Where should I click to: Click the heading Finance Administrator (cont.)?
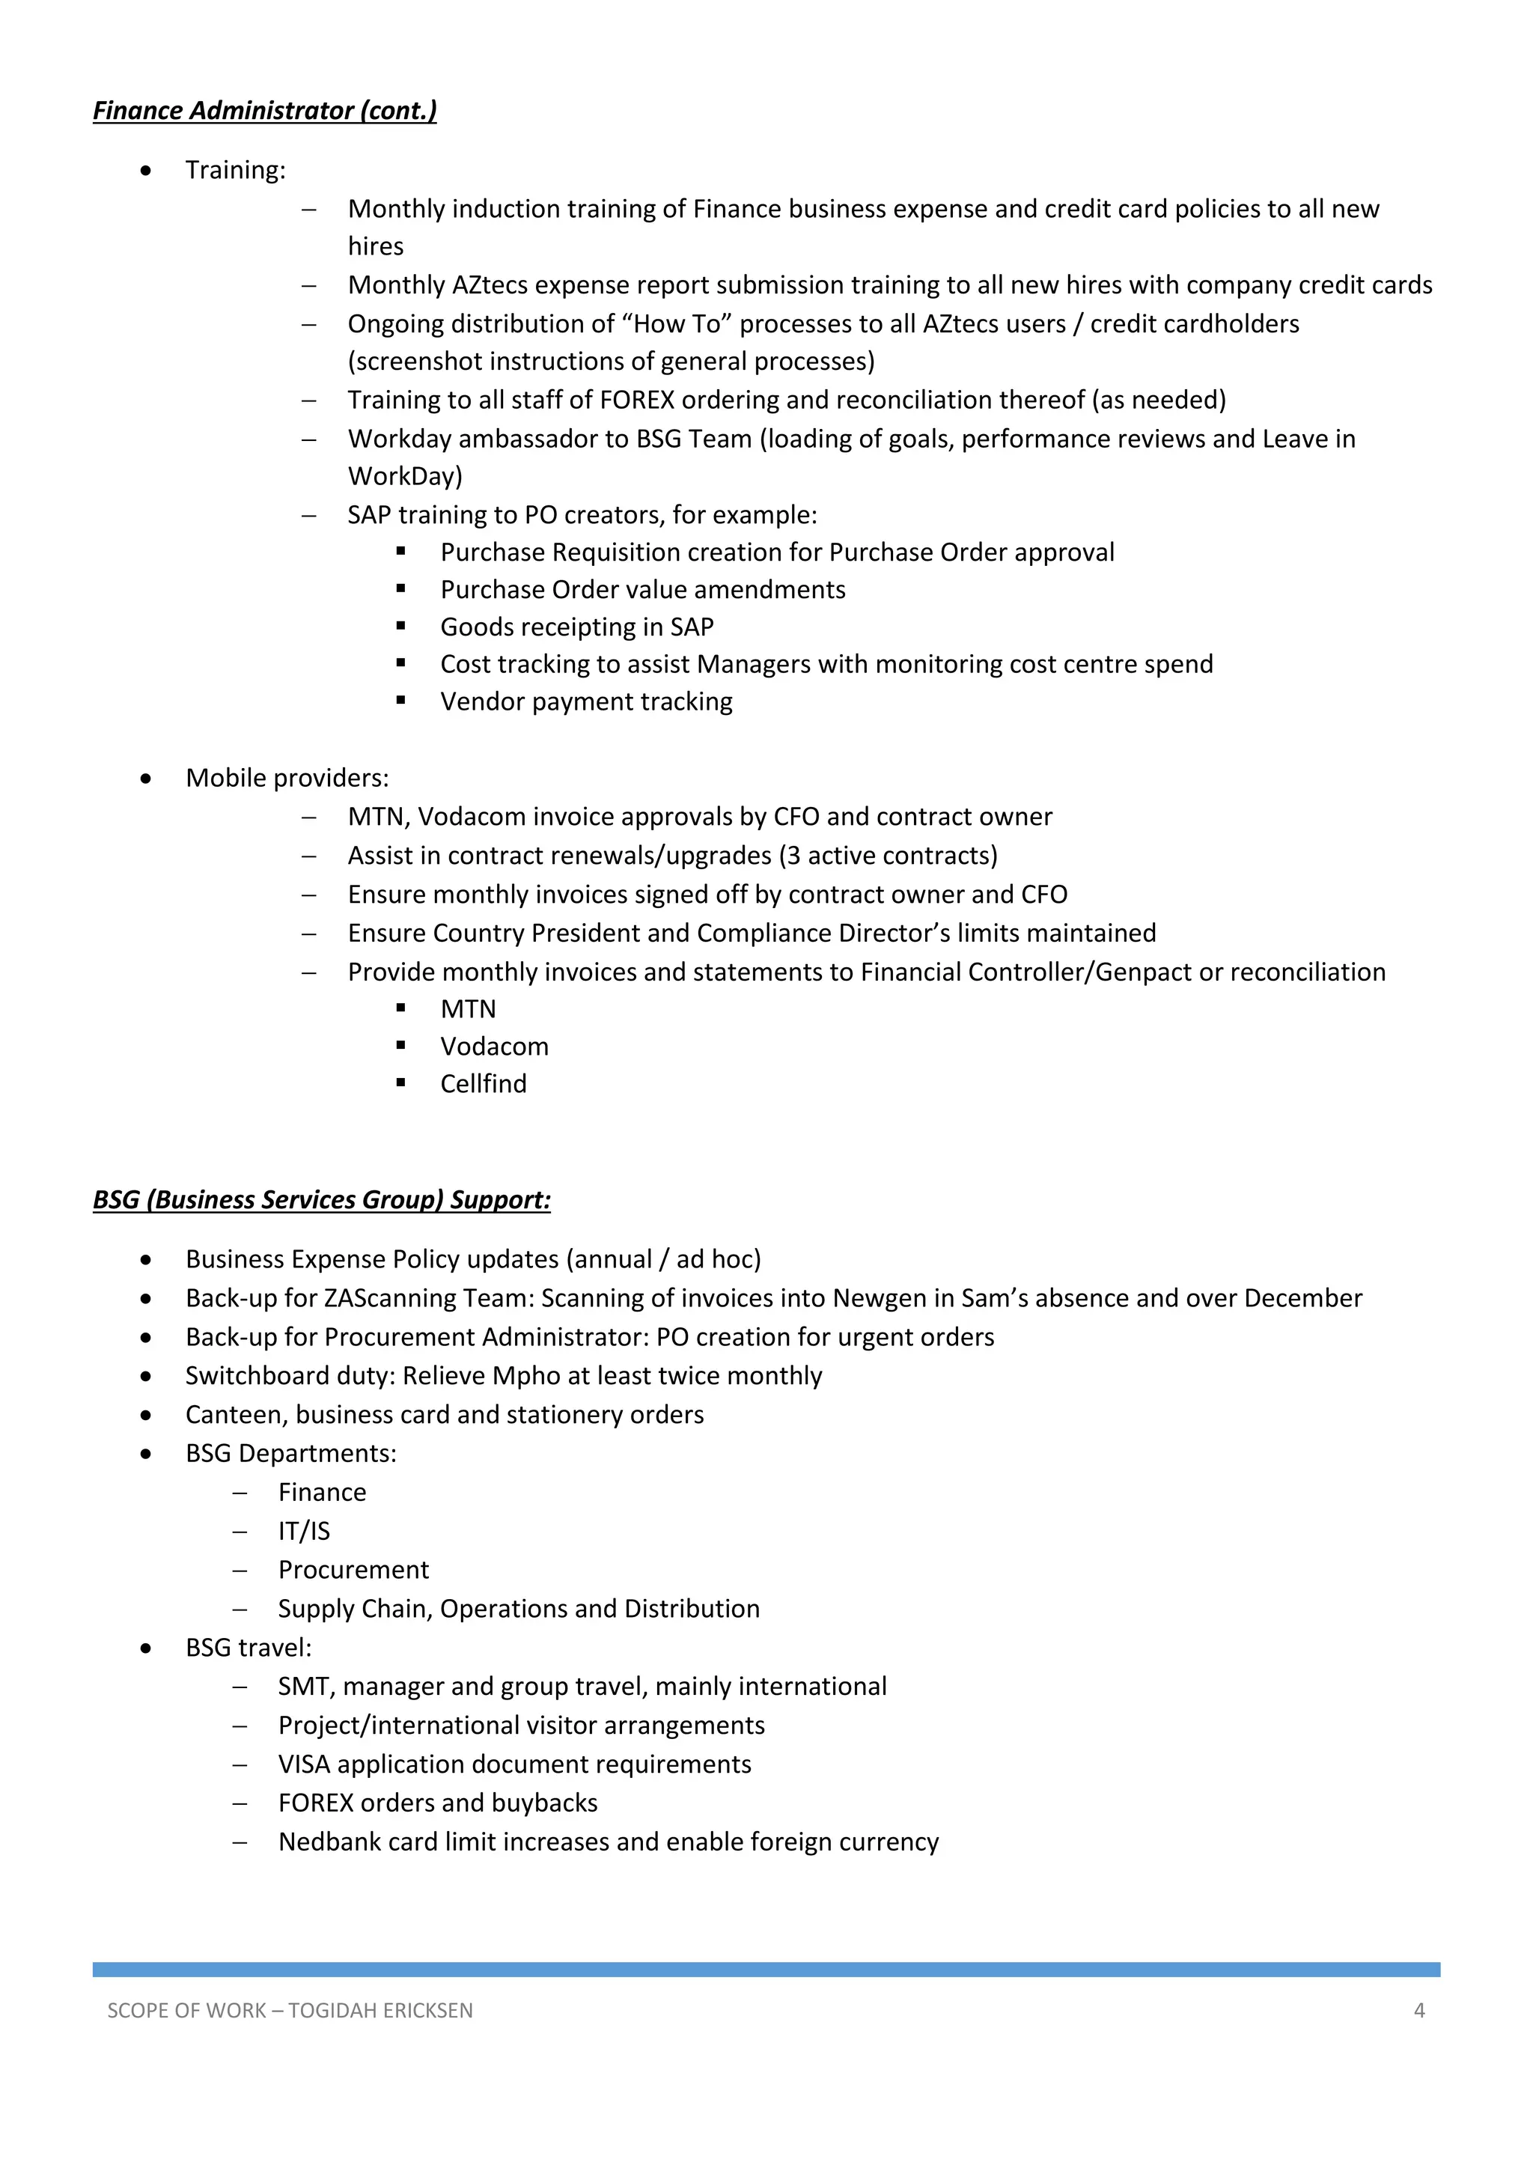(x=264, y=111)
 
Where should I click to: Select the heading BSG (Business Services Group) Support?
(x=322, y=1199)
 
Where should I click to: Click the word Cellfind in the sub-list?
(x=484, y=1083)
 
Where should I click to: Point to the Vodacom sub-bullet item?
(x=494, y=1047)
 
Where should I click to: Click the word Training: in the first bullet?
(x=235, y=170)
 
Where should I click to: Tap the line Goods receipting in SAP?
(x=577, y=627)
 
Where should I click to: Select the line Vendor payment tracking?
(x=586, y=701)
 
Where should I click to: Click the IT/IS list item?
(x=304, y=1531)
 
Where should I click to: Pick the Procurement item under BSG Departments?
(x=353, y=1569)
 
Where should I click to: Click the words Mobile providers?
(x=287, y=778)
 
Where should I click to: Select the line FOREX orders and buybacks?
(x=438, y=1803)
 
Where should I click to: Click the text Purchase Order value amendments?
(x=643, y=589)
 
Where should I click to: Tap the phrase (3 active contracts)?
(x=889, y=856)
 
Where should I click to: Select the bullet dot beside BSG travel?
(x=145, y=1648)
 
